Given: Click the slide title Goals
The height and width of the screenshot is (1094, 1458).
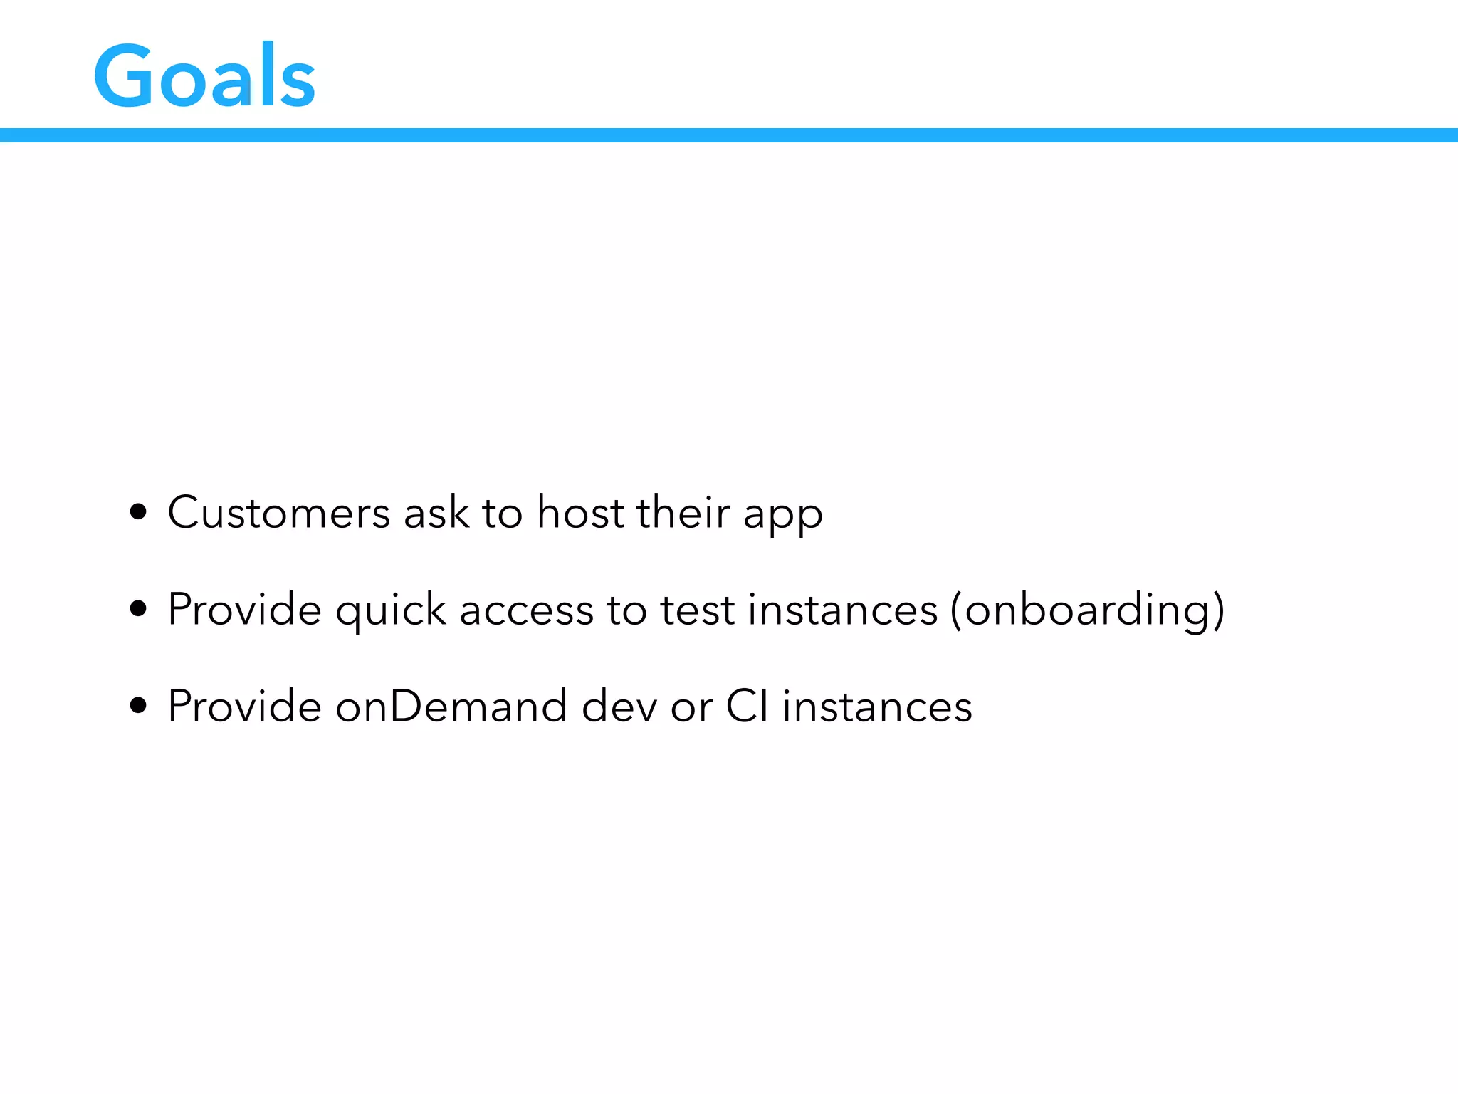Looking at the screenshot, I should [204, 77].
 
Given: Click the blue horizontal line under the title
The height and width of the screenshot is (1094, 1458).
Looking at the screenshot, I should [729, 135].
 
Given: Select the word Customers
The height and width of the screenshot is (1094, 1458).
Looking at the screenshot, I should [278, 513].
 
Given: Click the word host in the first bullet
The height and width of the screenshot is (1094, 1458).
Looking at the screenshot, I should [579, 513].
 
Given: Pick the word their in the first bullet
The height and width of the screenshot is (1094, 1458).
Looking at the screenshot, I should [683, 513].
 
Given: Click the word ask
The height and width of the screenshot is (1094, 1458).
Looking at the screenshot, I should [436, 513].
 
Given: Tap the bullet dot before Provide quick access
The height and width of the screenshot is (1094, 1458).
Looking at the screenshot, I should [139, 609].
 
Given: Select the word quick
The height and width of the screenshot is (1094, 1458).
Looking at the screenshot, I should [390, 611].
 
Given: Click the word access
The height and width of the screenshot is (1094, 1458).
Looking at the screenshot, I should [526, 611].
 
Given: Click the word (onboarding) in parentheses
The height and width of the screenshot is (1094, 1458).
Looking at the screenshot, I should [1087, 611].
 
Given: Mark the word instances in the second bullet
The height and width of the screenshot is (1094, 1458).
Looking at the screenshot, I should [842, 611].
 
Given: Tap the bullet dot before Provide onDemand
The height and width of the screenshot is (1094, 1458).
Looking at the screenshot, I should [139, 706].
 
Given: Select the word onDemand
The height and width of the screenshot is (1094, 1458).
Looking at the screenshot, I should [451, 707].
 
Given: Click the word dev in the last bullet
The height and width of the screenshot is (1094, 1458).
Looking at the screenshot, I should [619, 707].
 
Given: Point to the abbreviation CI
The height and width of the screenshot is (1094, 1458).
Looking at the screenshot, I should [747, 707].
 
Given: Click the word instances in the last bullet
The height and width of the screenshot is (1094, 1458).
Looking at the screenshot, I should [877, 707].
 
